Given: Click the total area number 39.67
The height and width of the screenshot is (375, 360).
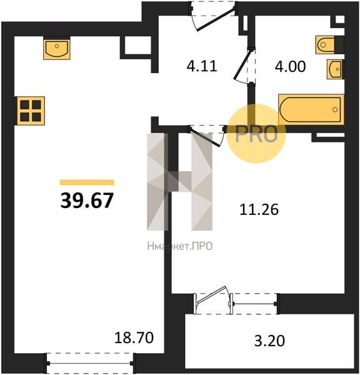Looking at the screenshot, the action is [x=87, y=201].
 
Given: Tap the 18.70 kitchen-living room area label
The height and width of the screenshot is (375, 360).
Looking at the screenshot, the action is [x=134, y=337].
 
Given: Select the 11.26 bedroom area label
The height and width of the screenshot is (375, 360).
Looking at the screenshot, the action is [x=259, y=209].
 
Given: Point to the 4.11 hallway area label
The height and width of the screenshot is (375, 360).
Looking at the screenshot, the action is [x=202, y=66].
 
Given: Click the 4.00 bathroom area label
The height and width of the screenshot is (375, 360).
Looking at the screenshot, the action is [x=290, y=66].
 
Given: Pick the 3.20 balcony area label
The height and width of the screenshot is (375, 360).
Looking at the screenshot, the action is [x=269, y=341].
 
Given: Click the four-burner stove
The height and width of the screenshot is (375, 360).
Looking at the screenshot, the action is [x=31, y=111].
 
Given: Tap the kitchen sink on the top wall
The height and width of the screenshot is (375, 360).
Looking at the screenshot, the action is [x=57, y=49].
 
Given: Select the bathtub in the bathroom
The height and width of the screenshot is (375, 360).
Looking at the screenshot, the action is [x=311, y=109].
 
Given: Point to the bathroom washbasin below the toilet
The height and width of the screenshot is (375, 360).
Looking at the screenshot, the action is [x=335, y=69].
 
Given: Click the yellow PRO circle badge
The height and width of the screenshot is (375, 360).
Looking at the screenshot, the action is [x=256, y=134].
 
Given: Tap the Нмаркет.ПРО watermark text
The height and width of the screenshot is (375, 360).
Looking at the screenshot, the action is [x=179, y=246].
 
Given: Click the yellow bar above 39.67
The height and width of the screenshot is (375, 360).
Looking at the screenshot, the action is [x=87, y=182].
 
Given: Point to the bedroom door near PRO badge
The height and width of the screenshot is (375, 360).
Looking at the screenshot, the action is [x=207, y=135].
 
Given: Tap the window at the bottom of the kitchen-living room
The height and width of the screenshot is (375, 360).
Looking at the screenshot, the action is [x=90, y=363].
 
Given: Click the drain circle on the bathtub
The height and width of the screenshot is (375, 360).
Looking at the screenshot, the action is [x=335, y=109].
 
